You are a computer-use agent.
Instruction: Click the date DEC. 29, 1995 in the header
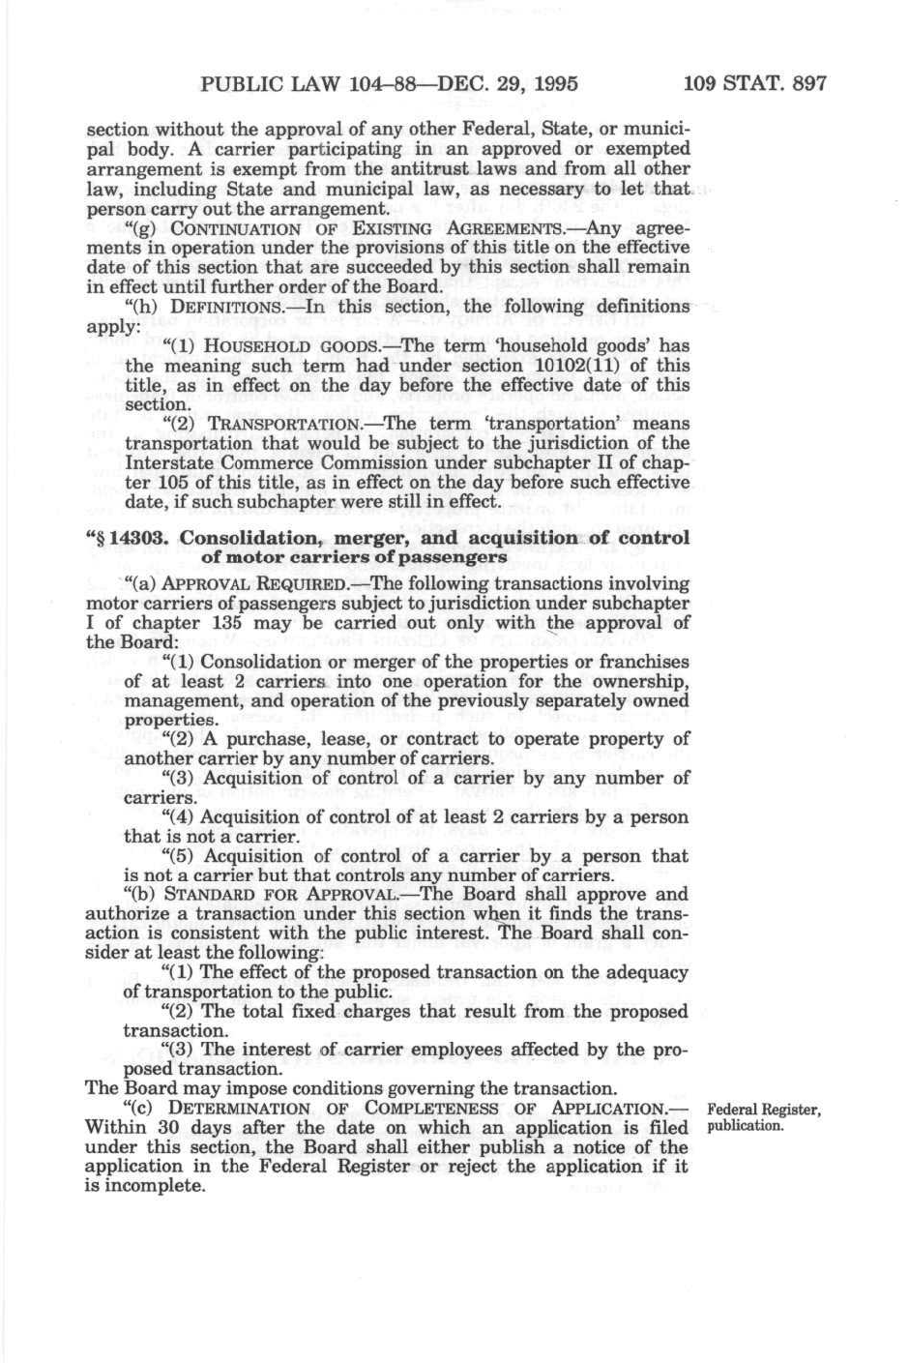pyautogui.click(x=509, y=83)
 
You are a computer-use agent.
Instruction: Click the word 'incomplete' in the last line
pyautogui.click(x=155, y=1186)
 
